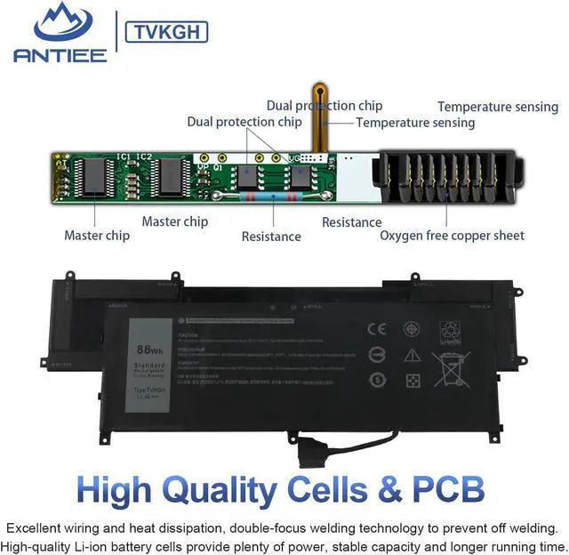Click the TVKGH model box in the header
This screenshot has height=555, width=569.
click(x=167, y=33)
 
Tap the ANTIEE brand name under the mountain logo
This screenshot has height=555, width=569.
click(x=60, y=55)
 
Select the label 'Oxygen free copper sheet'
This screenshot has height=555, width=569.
click(x=452, y=236)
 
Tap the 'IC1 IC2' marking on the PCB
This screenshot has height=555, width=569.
click(x=135, y=157)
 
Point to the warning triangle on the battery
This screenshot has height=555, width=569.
click(x=412, y=355)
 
